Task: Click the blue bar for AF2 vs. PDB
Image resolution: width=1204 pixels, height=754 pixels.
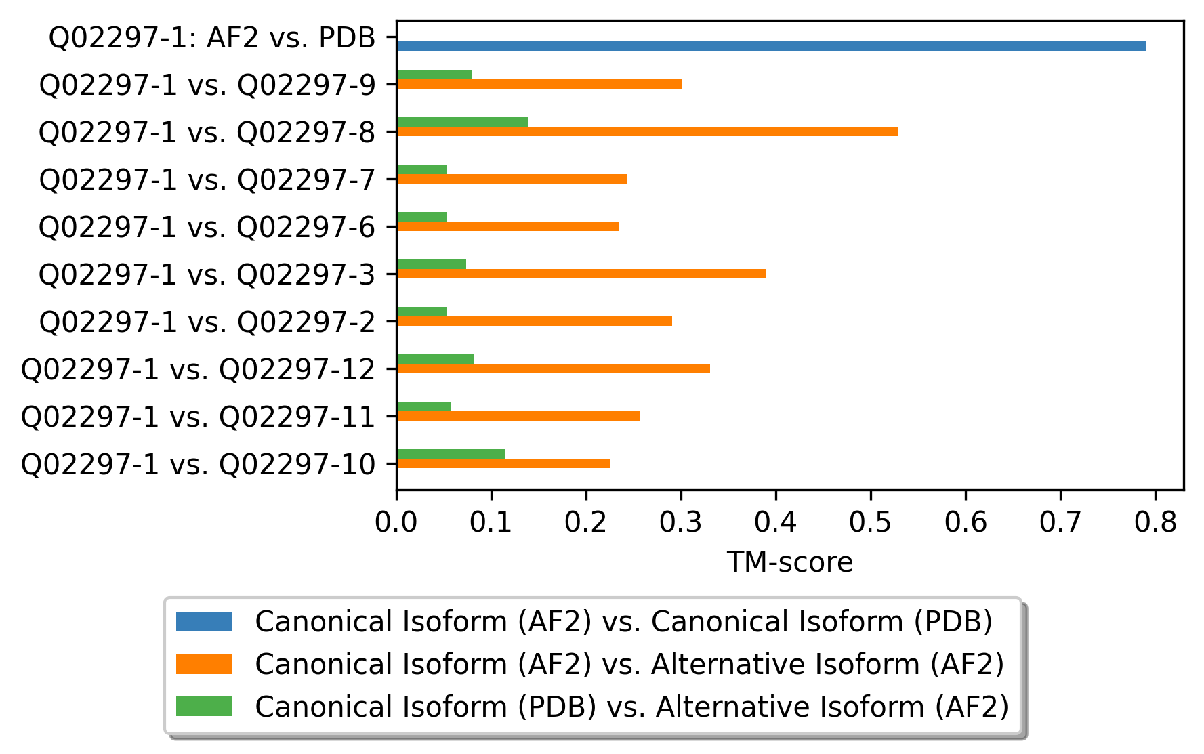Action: [x=771, y=46]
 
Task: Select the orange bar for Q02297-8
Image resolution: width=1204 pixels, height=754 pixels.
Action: [x=647, y=131]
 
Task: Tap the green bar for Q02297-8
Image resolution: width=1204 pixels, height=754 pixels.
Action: [x=462, y=122]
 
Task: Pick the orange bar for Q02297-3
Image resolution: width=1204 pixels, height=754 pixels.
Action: [x=581, y=274]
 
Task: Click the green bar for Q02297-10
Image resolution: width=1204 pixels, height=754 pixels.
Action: [x=451, y=454]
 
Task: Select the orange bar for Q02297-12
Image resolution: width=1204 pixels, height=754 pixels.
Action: [x=553, y=369]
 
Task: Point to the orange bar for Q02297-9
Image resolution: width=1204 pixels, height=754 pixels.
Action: [x=539, y=84]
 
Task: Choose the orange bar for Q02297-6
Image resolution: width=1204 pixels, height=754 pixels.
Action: [x=507, y=226]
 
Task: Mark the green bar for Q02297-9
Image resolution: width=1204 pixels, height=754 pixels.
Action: [x=434, y=75]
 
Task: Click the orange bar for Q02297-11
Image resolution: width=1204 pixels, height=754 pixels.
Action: [x=518, y=416]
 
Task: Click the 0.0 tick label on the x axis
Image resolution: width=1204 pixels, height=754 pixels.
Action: [x=396, y=523]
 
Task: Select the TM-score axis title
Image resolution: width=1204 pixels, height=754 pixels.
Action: [x=789, y=562]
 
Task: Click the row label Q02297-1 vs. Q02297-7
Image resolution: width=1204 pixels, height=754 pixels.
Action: [x=207, y=180]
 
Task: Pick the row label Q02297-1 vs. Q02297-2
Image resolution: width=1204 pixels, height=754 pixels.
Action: [x=207, y=322]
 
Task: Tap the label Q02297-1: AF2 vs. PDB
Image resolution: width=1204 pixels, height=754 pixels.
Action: [x=212, y=38]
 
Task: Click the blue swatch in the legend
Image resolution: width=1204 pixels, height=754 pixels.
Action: [x=204, y=621]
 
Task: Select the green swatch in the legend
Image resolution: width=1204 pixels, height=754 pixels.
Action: [x=204, y=707]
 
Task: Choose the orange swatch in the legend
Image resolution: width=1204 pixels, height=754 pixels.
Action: [x=204, y=664]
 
